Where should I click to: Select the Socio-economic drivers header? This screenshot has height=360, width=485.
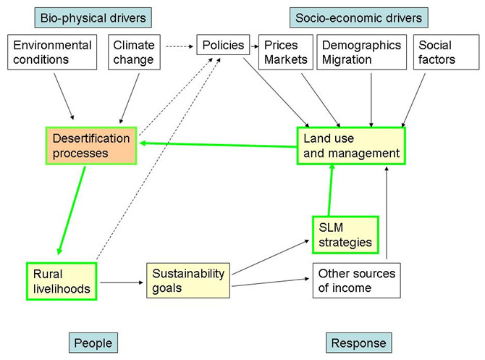358,16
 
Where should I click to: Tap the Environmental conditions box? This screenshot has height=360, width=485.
53,52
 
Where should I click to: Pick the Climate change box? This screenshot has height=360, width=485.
133,52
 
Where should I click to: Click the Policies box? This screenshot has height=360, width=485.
222,45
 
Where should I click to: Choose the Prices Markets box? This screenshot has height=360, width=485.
284,52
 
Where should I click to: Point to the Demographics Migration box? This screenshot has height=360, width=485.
361,52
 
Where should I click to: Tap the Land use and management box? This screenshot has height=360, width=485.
352,145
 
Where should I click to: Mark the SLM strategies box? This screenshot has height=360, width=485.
345,235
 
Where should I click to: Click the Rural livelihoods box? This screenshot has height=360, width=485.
62,281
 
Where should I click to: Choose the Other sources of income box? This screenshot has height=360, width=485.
356,281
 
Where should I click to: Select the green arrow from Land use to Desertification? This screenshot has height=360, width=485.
217,143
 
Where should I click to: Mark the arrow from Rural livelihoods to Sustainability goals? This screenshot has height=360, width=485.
122,281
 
